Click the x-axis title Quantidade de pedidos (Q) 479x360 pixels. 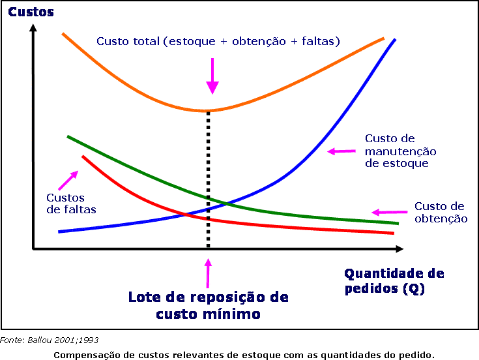[394, 280]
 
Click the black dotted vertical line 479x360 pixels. [208, 176]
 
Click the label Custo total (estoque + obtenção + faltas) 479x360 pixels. [218, 41]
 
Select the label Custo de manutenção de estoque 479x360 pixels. [400, 151]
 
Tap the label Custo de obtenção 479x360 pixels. [441, 213]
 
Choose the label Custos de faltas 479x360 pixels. [70, 203]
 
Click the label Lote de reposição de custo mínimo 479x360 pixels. [208, 305]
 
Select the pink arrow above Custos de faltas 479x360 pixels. [68, 179]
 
